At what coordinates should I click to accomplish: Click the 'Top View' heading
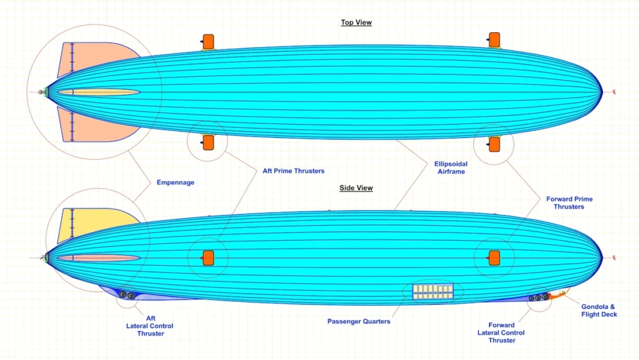pyautogui.click(x=356, y=23)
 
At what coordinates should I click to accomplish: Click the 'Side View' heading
pyautogui.click(x=356, y=188)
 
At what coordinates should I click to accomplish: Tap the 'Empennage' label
pyautogui.click(x=175, y=183)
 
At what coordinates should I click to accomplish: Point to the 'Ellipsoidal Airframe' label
pyautogui.click(x=450, y=167)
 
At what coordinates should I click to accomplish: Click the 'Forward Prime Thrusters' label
pyautogui.click(x=569, y=203)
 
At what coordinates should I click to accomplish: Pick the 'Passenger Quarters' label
pyautogui.click(x=359, y=321)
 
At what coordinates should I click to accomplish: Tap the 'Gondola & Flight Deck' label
pyautogui.click(x=599, y=310)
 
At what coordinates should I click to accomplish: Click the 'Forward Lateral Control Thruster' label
pyautogui.click(x=502, y=333)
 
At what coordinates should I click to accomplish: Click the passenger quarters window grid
pyautogui.click(x=433, y=291)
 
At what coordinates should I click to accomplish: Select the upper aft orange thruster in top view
pyautogui.click(x=208, y=41)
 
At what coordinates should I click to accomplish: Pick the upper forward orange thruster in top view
pyautogui.click(x=494, y=40)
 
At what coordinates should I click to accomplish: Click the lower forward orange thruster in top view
pyautogui.click(x=494, y=144)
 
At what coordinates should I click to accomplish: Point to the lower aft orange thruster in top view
pyautogui.click(x=208, y=143)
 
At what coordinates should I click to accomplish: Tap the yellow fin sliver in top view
pyautogui.click(x=100, y=92)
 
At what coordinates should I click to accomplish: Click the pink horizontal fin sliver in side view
pyautogui.click(x=100, y=258)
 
